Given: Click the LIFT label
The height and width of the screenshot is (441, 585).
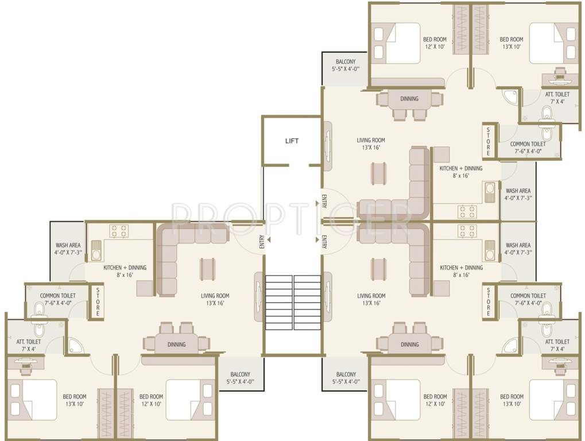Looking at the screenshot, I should pyautogui.click(x=292, y=141).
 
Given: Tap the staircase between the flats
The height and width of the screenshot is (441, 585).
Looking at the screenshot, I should pyautogui.click(x=293, y=302).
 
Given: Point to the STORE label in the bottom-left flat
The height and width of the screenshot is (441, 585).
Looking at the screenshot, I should pyautogui.click(x=98, y=302).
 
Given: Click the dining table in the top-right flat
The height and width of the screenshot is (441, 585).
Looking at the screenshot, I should pyautogui.click(x=409, y=99).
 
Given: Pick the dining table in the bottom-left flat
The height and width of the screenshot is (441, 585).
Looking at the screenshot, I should pyautogui.click(x=176, y=344).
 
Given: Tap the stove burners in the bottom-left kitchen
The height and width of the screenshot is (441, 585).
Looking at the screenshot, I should pyautogui.click(x=119, y=231).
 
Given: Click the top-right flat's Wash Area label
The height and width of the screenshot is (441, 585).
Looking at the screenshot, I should pyautogui.click(x=518, y=194).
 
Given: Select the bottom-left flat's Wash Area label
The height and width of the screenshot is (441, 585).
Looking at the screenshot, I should pyautogui.click(x=68, y=248).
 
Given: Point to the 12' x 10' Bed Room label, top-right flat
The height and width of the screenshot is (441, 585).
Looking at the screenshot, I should pyautogui.click(x=435, y=43).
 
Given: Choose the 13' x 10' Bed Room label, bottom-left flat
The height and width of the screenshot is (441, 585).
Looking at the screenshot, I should pyautogui.click(x=75, y=400).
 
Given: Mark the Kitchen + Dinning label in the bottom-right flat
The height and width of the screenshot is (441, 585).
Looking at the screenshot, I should pyautogui.click(x=461, y=271).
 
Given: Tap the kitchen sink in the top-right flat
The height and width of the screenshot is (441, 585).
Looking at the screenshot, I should pyautogui.click(x=489, y=192).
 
